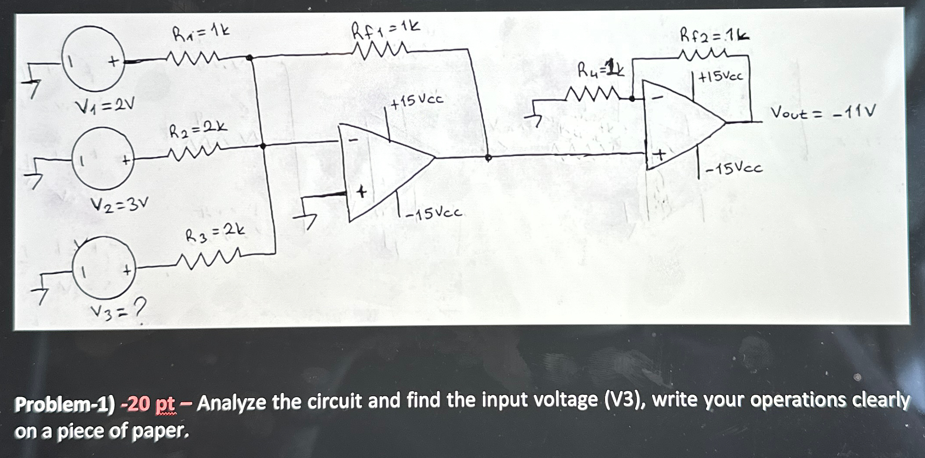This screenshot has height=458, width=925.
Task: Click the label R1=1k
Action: pos(201,33)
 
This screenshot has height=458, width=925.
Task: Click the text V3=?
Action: pos(117,310)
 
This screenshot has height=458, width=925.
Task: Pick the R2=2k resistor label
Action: pos(198,130)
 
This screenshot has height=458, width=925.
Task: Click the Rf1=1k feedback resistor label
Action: pos(386,31)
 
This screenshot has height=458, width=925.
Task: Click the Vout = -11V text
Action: pos(823,112)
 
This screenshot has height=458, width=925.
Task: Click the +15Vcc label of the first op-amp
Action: pos(417,101)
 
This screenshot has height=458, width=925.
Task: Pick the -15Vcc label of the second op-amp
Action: pos(734,168)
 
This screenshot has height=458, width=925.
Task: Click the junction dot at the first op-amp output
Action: pos(488,158)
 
